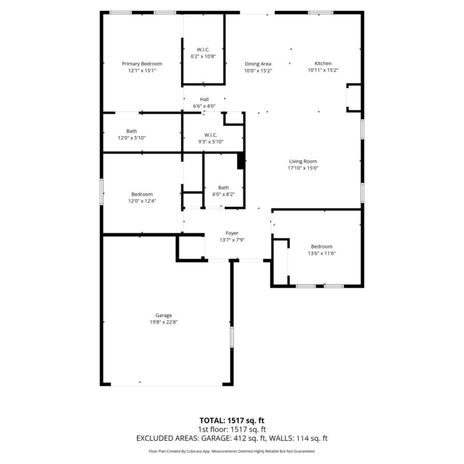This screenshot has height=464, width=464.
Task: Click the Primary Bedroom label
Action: tap(142, 64)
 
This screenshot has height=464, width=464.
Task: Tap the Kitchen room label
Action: tap(323, 63)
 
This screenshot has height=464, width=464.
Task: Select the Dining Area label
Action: tap(258, 64)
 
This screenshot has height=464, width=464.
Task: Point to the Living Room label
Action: tap(303, 161)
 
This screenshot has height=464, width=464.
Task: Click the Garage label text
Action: tap(164, 315)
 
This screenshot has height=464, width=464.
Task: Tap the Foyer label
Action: tap(232, 233)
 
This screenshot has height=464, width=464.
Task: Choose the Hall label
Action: tap(204, 99)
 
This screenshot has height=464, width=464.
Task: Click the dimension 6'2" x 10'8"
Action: tap(203, 56)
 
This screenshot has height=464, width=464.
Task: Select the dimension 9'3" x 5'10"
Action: tap(211, 142)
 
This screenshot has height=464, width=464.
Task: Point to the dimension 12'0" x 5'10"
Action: tap(132, 138)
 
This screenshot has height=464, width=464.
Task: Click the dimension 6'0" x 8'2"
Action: tap(223, 195)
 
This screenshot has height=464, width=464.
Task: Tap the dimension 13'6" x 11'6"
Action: tap(322, 253)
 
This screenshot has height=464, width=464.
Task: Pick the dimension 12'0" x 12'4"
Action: tap(142, 201)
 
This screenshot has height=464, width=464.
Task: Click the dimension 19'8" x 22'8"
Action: tap(164, 322)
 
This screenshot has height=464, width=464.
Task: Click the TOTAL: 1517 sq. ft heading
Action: tap(232, 421)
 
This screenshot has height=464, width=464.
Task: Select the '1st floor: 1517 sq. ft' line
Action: tap(232, 429)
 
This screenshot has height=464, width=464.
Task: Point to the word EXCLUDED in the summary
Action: tap(153, 438)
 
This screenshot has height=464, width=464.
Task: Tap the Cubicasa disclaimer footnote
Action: tap(232, 451)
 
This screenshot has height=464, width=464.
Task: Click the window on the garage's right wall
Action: tap(232, 337)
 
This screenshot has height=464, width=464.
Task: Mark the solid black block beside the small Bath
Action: tap(241, 161)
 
